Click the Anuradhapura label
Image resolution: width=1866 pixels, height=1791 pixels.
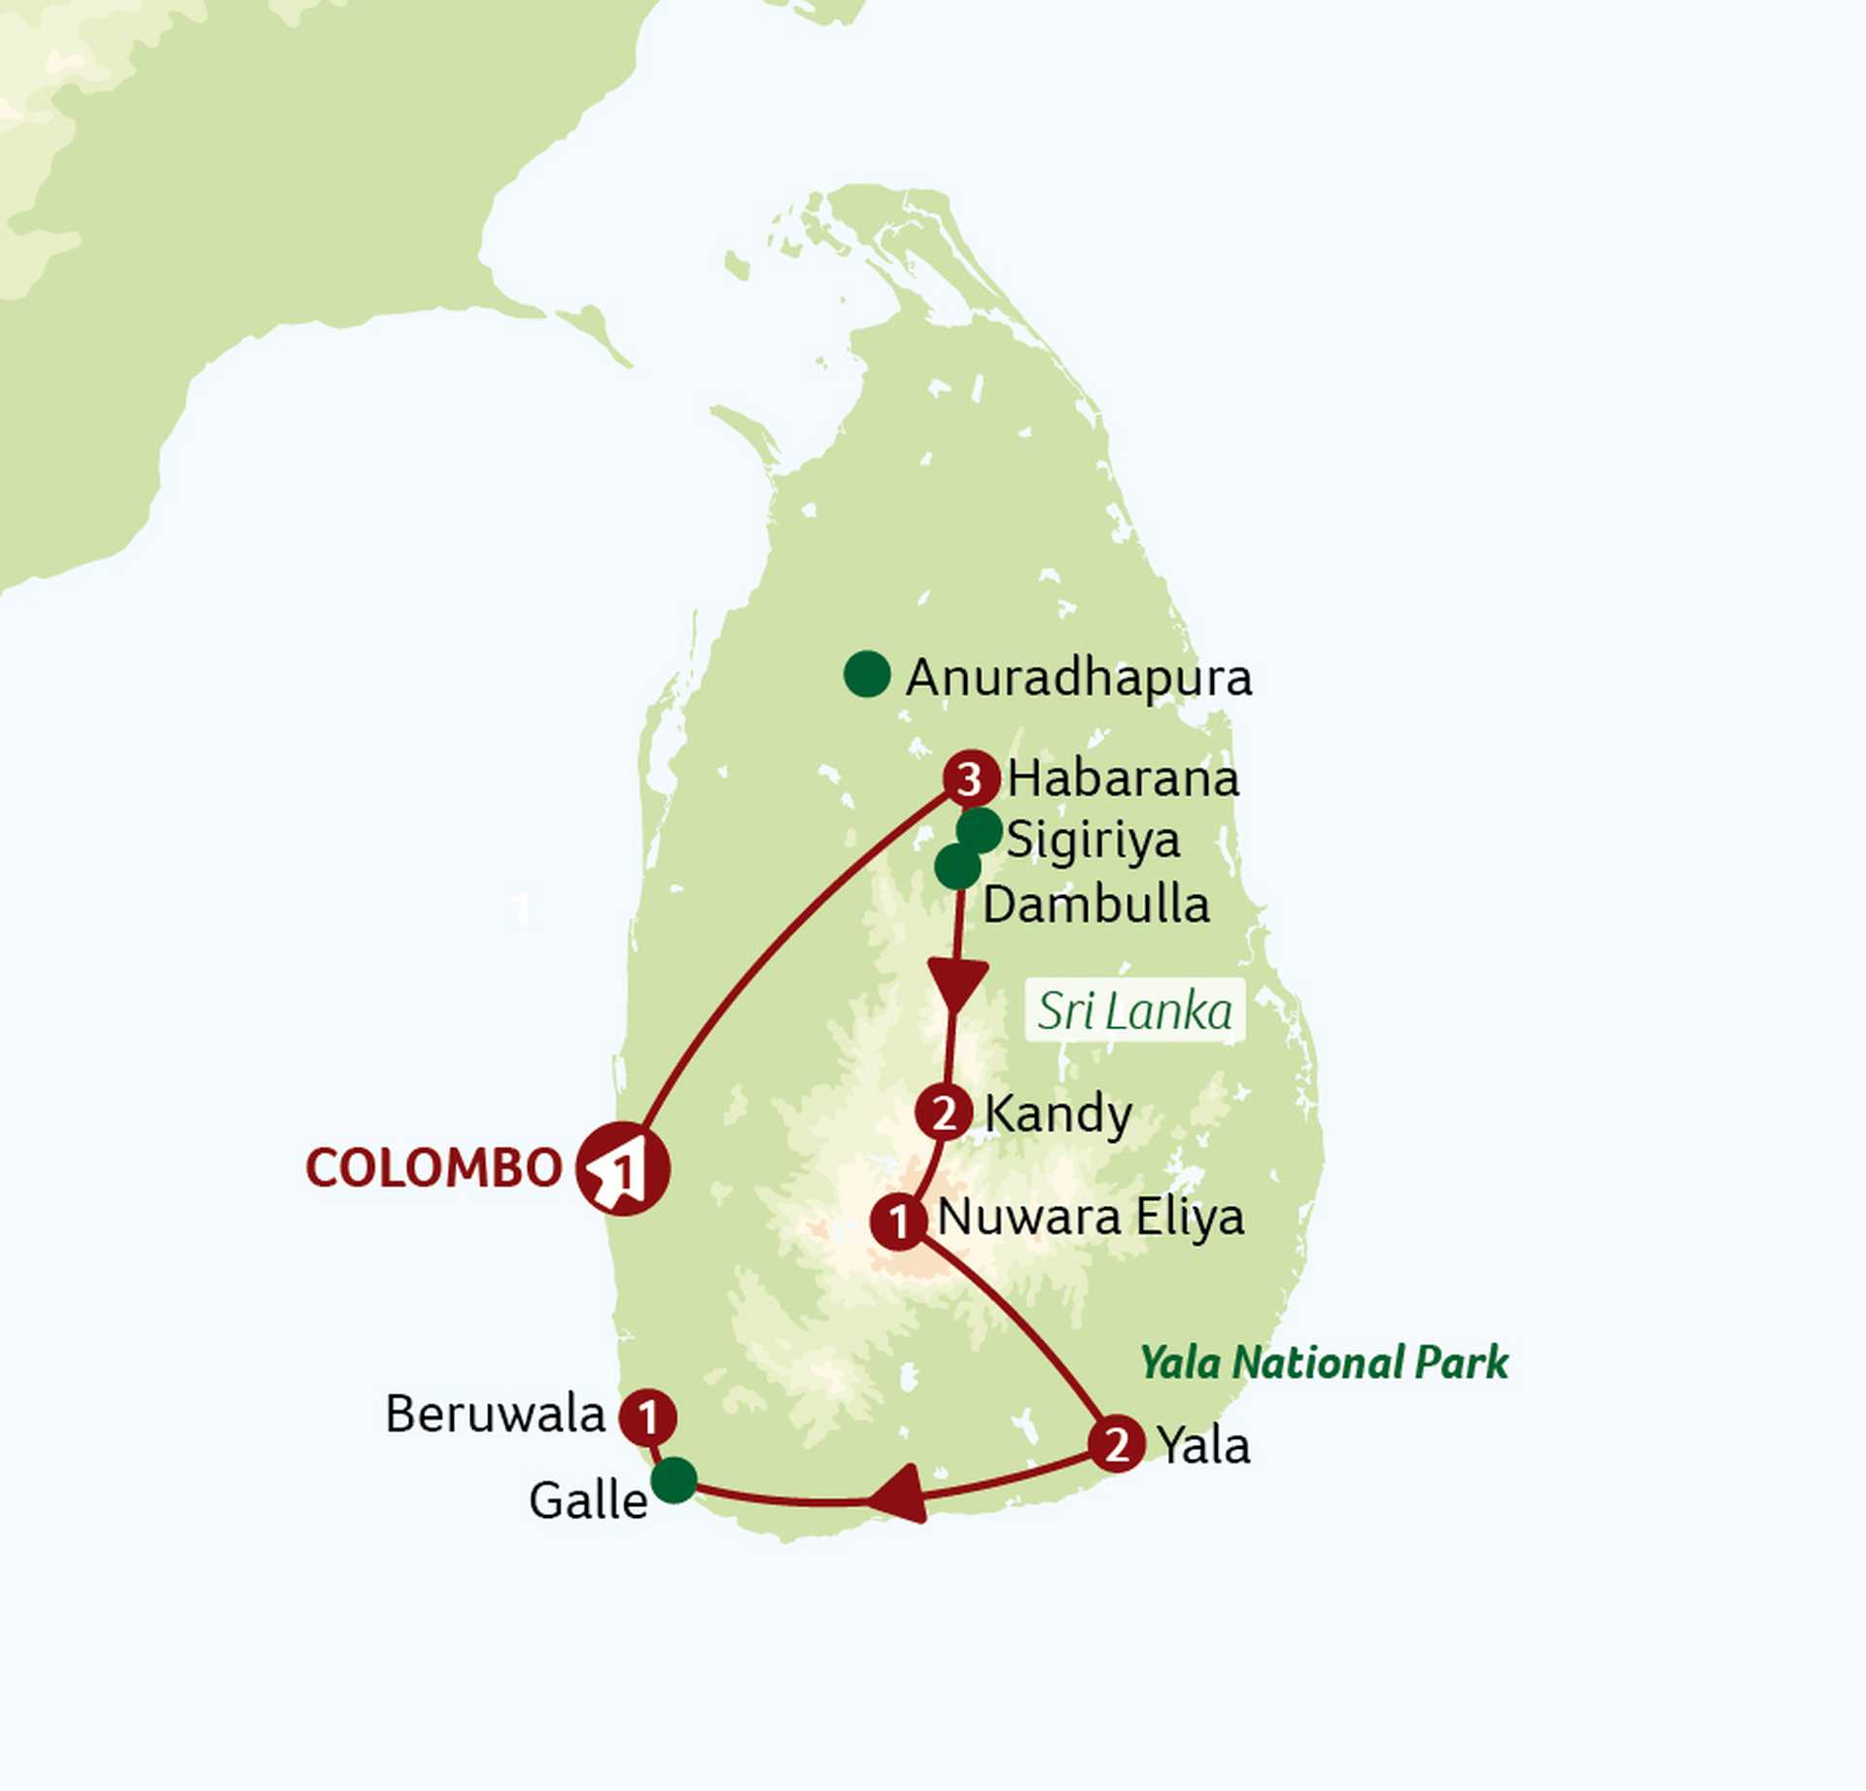point(1079,677)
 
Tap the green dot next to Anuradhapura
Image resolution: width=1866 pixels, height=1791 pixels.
point(867,673)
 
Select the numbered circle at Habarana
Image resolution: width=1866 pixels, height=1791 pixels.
point(971,778)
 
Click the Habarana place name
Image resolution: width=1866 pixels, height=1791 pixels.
point(1123,778)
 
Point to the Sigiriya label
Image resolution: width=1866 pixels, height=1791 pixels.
point(1093,840)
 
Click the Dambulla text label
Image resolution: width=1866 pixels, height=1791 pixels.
point(1096,905)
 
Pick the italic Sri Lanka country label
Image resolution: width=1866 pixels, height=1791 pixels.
point(1134,1012)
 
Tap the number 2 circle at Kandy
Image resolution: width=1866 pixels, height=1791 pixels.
point(944,1113)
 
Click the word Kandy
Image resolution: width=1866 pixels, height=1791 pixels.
point(1058,1114)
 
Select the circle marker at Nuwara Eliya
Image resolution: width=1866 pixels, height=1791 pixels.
point(899,1222)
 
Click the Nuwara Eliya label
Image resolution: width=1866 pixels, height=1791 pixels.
point(1090,1217)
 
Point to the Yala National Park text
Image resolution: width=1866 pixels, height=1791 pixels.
point(1324,1362)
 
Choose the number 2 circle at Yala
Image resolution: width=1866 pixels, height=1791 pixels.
point(1117,1445)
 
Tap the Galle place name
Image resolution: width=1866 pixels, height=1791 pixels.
point(588,1500)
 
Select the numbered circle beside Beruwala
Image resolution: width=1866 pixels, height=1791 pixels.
point(648,1417)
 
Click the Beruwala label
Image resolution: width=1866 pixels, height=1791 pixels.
point(495,1414)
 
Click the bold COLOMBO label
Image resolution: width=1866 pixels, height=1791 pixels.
point(433,1167)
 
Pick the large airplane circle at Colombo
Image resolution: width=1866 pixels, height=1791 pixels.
point(622,1168)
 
